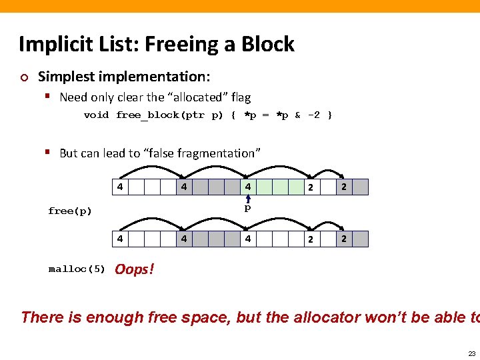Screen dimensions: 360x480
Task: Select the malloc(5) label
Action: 77,269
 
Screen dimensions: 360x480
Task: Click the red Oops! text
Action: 134,269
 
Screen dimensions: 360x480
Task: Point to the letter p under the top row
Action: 247,208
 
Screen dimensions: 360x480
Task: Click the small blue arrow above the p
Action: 247,198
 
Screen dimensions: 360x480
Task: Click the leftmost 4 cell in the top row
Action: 119,187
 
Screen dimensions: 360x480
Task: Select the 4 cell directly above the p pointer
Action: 247,187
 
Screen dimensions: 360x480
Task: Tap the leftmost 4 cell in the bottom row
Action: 119,239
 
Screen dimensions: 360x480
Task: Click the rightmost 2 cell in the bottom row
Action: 344,239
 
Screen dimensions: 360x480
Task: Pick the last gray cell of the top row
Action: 360,187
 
